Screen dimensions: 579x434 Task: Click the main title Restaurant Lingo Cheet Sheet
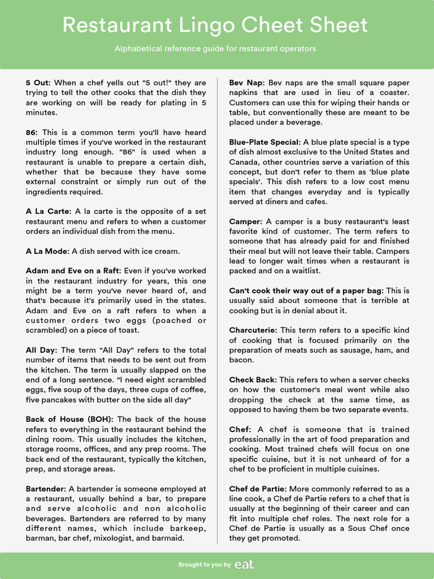pos(215,25)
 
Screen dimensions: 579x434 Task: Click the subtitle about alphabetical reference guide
pos(215,49)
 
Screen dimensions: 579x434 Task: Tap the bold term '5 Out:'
pos(38,83)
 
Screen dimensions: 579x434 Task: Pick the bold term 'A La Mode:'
pos(47,251)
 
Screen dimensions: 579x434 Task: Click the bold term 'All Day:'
pos(42,350)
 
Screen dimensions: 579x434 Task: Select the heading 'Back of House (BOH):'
pos(70,419)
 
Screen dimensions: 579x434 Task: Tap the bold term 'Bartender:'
pos(46,489)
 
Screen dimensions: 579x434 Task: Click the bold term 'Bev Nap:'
pos(248,83)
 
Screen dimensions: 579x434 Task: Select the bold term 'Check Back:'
pos(253,380)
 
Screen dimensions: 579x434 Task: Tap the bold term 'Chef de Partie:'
pos(257,489)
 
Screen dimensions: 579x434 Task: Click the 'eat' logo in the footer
pos(244,564)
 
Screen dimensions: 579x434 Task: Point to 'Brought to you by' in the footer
pos(205,565)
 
